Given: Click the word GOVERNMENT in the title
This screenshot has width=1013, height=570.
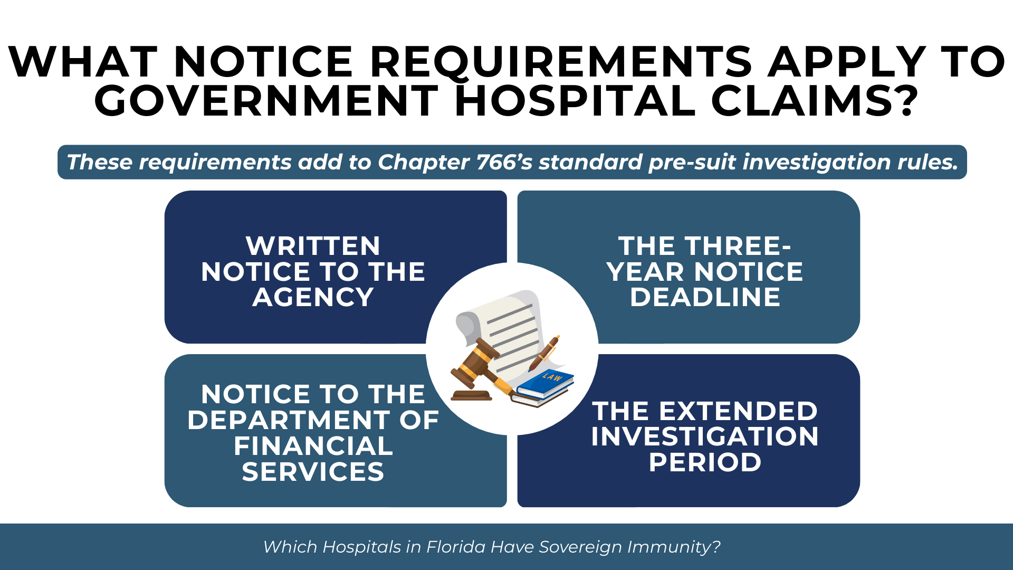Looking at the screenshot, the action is tap(266, 100).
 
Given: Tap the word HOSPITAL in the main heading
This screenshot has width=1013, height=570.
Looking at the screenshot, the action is tap(575, 100).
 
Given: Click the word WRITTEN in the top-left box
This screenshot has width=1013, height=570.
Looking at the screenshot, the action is tap(313, 246).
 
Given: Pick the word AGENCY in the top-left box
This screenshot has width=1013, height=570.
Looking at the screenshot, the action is tap(313, 297).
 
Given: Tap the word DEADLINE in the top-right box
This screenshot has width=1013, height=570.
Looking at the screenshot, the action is tap(705, 297).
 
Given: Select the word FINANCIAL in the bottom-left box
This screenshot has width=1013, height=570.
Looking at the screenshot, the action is tap(313, 446).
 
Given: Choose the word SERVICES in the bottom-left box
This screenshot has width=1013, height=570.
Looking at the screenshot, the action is tap(313, 472).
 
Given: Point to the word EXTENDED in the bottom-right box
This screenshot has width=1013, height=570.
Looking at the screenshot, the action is tap(738, 411).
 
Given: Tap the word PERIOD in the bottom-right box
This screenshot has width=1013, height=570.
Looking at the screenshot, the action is tap(705, 462).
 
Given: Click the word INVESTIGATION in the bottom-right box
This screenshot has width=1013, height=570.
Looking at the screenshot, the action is tap(705, 436).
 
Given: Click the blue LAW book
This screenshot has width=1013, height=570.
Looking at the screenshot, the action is tap(546, 384).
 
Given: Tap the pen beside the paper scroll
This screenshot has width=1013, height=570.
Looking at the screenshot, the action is tap(544, 353).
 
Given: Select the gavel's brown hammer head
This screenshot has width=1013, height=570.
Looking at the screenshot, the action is tap(475, 359).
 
